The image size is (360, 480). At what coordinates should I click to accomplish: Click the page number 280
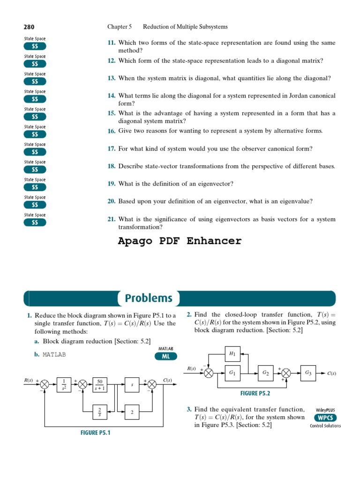click(x=29, y=27)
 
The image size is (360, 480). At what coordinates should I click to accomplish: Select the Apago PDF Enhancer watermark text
click(x=180, y=241)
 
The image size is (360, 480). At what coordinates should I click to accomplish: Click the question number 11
click(x=111, y=43)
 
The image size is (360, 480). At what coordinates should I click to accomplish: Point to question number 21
click(x=111, y=219)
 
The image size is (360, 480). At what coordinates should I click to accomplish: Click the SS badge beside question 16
click(x=35, y=134)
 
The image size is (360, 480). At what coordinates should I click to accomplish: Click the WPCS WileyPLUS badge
click(x=325, y=418)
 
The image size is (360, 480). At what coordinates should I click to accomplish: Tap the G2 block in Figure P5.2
click(x=265, y=373)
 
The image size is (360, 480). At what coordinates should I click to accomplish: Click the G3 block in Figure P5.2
click(x=308, y=373)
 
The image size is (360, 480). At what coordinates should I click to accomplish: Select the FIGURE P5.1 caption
click(x=95, y=433)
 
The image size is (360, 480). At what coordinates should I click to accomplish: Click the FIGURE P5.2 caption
click(x=255, y=393)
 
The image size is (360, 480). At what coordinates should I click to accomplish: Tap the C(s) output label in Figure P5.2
click(x=331, y=374)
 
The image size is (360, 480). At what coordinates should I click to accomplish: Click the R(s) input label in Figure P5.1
click(x=28, y=380)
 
